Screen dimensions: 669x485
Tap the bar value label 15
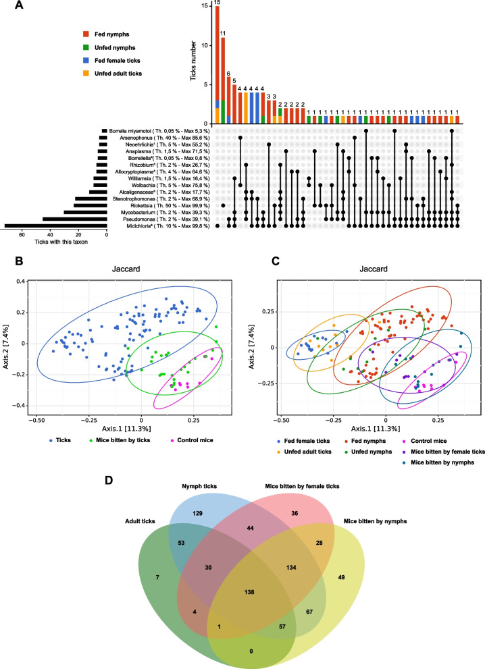(x=216, y=3)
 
